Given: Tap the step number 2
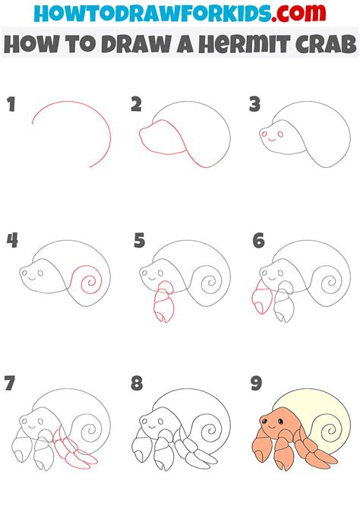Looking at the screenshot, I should (137, 105).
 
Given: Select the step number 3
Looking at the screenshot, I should (256, 105).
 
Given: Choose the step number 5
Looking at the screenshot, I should (138, 242).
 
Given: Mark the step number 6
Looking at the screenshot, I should (257, 242).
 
